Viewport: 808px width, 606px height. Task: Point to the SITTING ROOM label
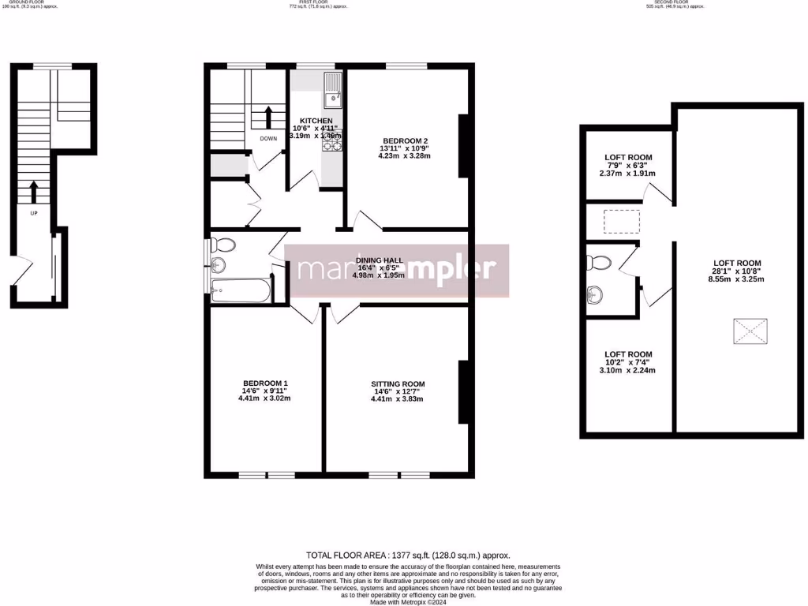398,384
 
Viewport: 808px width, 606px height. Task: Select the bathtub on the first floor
241,291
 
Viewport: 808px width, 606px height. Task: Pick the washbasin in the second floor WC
595,294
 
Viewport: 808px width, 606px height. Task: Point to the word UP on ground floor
32,212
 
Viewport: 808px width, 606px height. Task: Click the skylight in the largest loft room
750,332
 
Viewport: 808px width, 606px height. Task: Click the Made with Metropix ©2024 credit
408,602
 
